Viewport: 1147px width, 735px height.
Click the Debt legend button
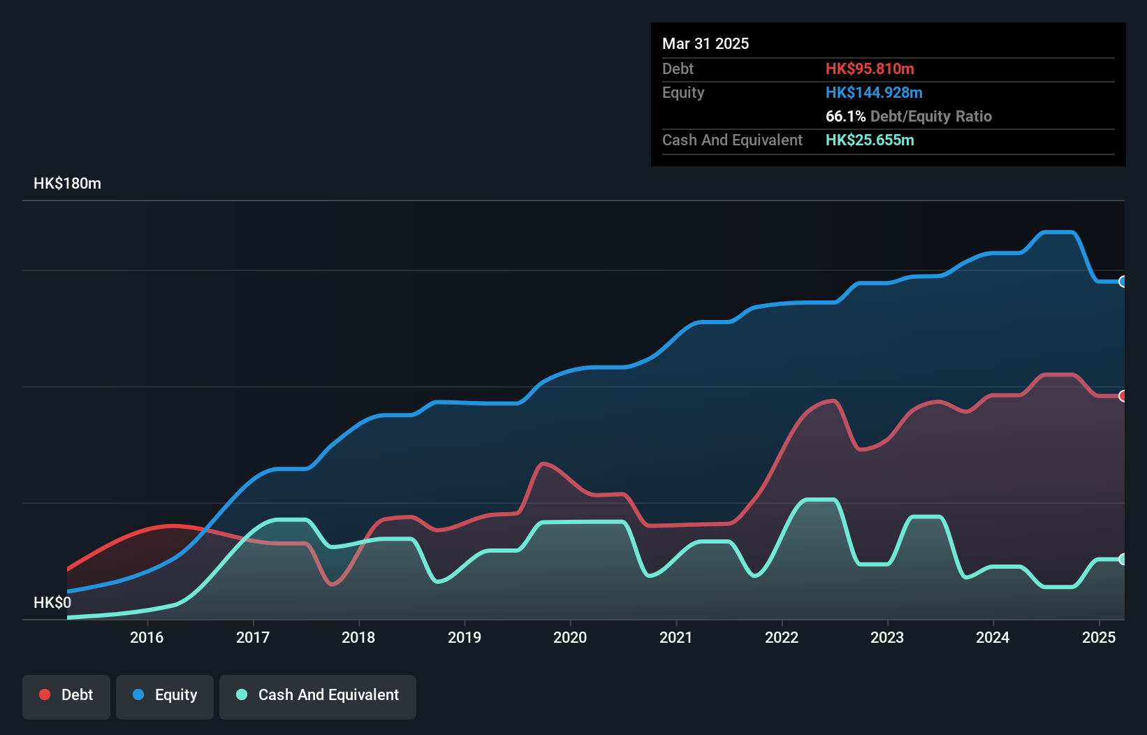(x=66, y=696)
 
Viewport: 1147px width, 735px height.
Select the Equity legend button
(x=165, y=696)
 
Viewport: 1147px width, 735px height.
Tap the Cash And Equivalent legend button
(x=318, y=696)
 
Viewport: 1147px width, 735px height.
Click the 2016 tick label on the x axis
(x=147, y=637)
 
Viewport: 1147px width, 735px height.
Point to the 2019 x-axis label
(x=465, y=637)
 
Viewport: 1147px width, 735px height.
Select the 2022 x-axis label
(x=782, y=637)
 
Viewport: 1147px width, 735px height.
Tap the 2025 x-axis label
(x=1099, y=637)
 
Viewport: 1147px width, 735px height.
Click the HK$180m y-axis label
(x=68, y=184)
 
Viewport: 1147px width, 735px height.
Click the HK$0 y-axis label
(x=52, y=602)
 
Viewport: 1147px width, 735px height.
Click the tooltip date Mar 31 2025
(x=706, y=43)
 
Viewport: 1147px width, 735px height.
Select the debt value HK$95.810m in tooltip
(x=870, y=68)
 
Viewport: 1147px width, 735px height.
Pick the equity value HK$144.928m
(x=874, y=92)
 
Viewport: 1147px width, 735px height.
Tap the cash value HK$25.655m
(x=870, y=140)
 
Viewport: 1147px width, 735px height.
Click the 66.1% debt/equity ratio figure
(x=845, y=116)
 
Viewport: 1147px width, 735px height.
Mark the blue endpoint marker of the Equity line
(x=1123, y=282)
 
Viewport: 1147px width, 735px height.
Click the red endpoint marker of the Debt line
(x=1123, y=396)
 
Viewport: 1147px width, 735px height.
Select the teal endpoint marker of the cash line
(x=1123, y=559)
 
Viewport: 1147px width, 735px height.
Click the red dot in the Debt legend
(x=45, y=694)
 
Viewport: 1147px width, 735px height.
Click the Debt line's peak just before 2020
(x=544, y=463)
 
